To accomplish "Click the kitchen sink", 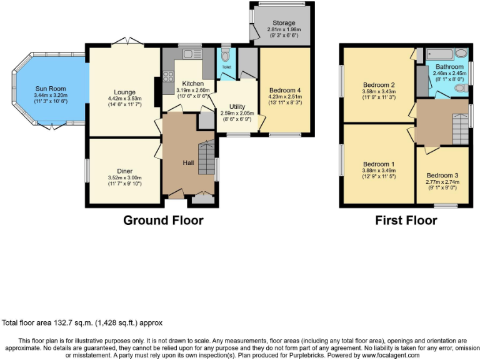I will [x=188, y=52].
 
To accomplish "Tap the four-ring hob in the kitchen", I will [x=168, y=77].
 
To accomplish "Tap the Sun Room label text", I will [x=50, y=89].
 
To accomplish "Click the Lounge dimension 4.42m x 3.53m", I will [x=125, y=98].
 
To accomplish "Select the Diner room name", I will [x=124, y=171].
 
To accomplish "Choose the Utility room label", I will [x=237, y=106].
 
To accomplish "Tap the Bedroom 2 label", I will [x=379, y=85].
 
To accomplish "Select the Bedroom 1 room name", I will [x=378, y=165].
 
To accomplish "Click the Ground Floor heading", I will [x=163, y=220].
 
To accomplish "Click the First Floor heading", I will [x=406, y=220].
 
